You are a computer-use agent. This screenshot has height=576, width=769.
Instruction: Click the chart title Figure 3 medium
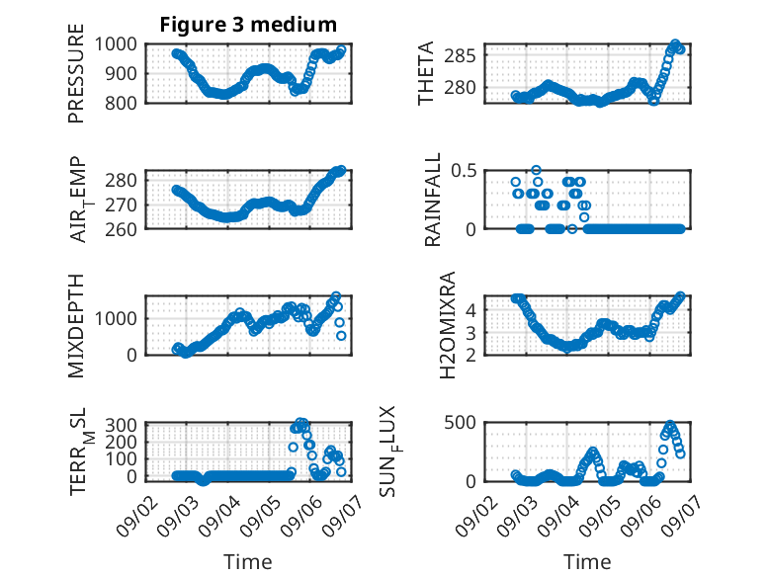coord(248,25)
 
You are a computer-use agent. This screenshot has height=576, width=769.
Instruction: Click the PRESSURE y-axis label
coord(76,73)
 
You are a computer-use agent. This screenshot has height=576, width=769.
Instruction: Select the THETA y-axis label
coord(426,73)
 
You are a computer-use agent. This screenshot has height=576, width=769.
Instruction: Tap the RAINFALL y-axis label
coord(433,200)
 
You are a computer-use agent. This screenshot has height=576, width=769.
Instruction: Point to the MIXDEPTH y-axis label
coord(76,326)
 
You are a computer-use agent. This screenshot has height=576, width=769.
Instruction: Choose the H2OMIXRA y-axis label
coord(448,325)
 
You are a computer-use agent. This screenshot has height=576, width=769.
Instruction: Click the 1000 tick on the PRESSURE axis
coord(116,44)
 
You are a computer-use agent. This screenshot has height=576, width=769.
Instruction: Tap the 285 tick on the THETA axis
coord(460,56)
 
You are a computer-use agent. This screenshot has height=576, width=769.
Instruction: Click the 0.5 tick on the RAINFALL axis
coord(464,171)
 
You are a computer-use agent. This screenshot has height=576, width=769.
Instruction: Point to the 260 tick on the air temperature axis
coord(121,229)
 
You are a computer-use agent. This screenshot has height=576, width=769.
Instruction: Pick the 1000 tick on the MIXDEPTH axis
coord(116,319)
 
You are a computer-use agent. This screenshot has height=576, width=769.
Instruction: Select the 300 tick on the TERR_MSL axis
coord(121,425)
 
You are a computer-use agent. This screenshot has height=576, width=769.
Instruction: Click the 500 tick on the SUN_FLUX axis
coord(460,422)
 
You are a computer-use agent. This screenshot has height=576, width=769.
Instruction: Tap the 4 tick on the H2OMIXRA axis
coord(470,310)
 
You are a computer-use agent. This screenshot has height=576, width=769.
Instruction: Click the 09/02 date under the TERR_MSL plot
coord(138,516)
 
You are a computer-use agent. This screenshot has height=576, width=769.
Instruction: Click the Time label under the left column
coord(248,562)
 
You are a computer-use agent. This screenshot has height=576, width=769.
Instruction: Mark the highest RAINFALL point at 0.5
coord(536,170)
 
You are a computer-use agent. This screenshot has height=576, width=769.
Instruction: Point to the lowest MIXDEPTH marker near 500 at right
coord(341,336)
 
